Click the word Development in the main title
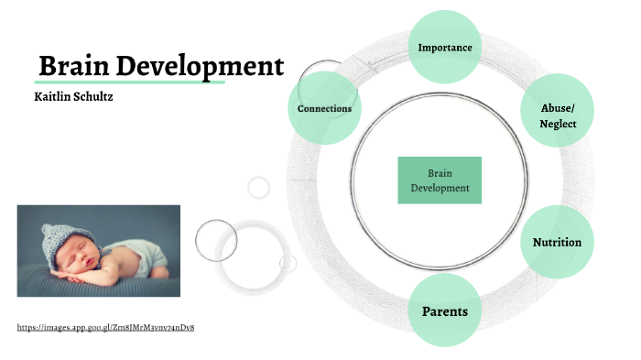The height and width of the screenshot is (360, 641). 202,67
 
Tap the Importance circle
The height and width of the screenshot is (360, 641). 444,47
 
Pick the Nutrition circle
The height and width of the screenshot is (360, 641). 557,242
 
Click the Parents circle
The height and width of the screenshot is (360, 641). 444,311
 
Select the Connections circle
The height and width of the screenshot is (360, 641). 324,108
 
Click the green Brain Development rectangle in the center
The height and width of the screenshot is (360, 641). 440,180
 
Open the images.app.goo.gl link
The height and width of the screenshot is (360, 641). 105,327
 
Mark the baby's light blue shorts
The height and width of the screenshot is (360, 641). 137,245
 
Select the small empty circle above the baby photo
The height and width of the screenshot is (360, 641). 259,187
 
